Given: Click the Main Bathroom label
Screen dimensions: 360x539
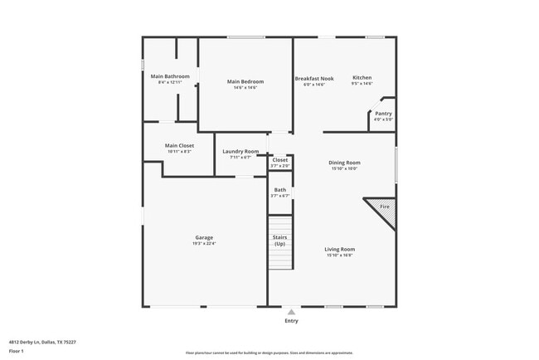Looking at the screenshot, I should click(x=169, y=76).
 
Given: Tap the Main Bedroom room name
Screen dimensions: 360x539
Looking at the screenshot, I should click(x=245, y=81).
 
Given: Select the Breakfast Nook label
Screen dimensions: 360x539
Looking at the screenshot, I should click(x=314, y=78).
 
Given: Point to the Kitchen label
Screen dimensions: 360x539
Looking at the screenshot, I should click(x=362, y=77).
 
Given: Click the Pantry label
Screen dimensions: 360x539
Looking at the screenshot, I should click(x=383, y=114).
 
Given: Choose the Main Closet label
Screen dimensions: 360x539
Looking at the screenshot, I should click(x=179, y=146).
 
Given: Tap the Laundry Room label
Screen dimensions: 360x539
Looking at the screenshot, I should click(x=240, y=152).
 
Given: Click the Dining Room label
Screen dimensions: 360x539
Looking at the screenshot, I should click(x=345, y=163).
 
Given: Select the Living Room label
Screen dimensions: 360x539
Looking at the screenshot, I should click(x=340, y=249).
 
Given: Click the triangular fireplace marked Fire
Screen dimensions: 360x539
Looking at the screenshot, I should click(x=384, y=208).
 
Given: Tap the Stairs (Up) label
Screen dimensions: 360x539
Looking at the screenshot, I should click(x=280, y=241).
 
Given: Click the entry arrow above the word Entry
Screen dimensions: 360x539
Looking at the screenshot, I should click(x=291, y=312).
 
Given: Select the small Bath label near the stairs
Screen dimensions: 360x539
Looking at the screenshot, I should click(x=280, y=190).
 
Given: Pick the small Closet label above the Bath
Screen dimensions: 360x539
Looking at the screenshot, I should click(x=280, y=160).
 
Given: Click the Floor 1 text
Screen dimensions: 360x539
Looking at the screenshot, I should click(x=16, y=352).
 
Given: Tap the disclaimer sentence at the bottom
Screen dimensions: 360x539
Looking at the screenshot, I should click(x=269, y=353).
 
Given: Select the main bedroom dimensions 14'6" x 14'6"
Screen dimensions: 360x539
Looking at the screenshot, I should click(x=245, y=88).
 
